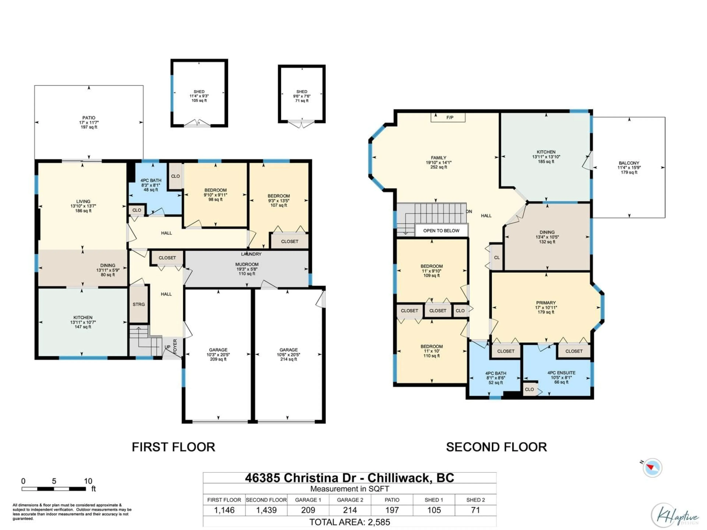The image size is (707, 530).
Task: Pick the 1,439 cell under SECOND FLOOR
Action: (x=266, y=510)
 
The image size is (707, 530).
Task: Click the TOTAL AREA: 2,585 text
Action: (x=350, y=522)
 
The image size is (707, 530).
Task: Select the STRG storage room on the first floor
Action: (x=139, y=304)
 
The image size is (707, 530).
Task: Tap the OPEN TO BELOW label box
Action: (x=441, y=231)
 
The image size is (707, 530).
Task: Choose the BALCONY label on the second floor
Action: (x=629, y=163)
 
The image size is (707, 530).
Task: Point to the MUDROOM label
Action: (x=247, y=264)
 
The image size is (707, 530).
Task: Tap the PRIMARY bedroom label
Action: (x=546, y=303)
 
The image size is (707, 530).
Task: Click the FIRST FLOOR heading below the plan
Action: (x=174, y=447)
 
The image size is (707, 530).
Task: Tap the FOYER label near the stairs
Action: (x=175, y=346)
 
